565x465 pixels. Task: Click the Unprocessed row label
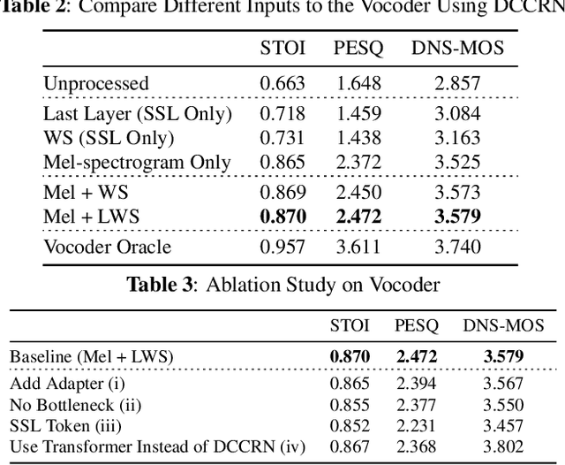(96, 85)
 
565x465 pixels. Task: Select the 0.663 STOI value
(282, 85)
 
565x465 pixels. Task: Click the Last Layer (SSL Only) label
(137, 114)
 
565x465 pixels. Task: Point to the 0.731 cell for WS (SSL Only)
(282, 138)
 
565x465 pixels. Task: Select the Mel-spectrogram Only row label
(137, 163)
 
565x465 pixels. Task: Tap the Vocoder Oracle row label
(107, 246)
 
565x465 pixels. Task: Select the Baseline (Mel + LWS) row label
(92, 356)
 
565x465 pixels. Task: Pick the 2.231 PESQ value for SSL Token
(417, 426)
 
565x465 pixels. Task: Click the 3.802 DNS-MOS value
(504, 447)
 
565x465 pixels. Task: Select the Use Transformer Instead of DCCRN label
(157, 447)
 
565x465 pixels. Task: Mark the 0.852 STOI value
(350, 426)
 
